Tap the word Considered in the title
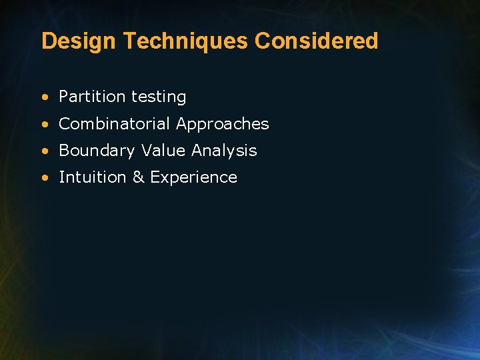pyautogui.click(x=317, y=41)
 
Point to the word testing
pyautogui.click(x=159, y=97)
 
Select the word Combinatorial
pyautogui.click(x=115, y=124)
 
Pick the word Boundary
pyautogui.click(x=97, y=151)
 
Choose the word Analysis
pyautogui.click(x=224, y=151)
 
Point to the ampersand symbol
pyautogui.click(x=138, y=177)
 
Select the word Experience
pyautogui.click(x=194, y=178)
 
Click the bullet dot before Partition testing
pyautogui.click(x=44, y=97)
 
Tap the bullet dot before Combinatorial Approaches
pyautogui.click(x=44, y=125)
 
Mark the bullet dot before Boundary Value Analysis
pyautogui.click(x=44, y=151)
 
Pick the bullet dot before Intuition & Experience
pyautogui.click(x=44, y=178)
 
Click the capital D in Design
pyautogui.click(x=48, y=41)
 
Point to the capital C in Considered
pyautogui.click(x=263, y=41)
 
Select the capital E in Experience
pyautogui.click(x=155, y=177)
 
